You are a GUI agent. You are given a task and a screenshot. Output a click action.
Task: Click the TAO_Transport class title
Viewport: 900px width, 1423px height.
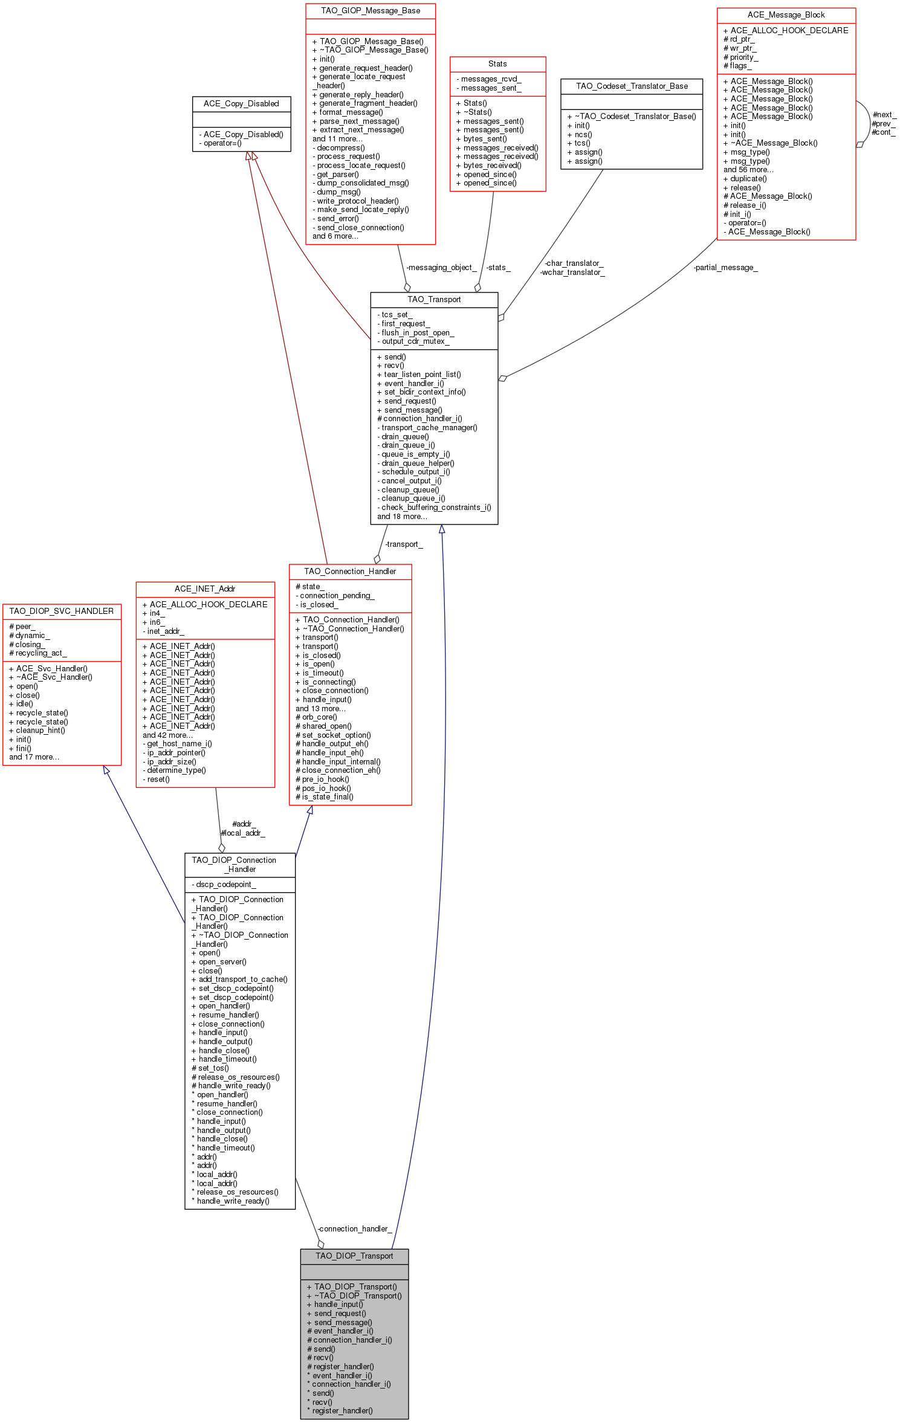pyautogui.click(x=434, y=300)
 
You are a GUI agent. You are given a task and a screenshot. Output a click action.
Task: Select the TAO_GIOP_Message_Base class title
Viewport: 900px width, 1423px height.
pyautogui.click(x=370, y=11)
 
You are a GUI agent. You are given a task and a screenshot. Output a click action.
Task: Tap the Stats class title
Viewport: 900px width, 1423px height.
pyautogui.click(x=497, y=64)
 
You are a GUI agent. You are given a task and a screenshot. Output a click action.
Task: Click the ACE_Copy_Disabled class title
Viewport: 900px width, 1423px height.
pyautogui.click(x=241, y=104)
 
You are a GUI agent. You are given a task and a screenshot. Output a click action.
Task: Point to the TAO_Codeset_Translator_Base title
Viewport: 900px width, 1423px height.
pyautogui.click(x=632, y=86)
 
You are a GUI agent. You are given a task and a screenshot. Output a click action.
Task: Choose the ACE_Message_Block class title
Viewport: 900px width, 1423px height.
pyautogui.click(x=786, y=15)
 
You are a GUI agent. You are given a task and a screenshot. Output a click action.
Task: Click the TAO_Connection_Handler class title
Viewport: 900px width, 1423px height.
pyautogui.click(x=350, y=572)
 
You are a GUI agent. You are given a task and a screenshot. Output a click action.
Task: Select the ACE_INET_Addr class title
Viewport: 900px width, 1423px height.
pyautogui.click(x=205, y=589)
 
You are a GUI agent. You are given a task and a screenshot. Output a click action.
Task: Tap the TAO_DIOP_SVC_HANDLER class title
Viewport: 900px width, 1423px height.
pyautogui.click(x=62, y=611)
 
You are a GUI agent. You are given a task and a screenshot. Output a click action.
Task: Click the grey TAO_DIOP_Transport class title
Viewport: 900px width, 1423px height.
pyautogui.click(x=354, y=1256)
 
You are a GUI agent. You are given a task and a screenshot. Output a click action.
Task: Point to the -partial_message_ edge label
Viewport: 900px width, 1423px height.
pyautogui.click(x=725, y=268)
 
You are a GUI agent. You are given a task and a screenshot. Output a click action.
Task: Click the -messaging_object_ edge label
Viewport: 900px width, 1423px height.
pyautogui.click(x=441, y=268)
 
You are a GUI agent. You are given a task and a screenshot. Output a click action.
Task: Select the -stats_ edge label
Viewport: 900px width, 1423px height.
pyautogui.click(x=498, y=268)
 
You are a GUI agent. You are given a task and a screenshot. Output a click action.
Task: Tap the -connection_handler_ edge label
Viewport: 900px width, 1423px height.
pyautogui.click(x=355, y=1229)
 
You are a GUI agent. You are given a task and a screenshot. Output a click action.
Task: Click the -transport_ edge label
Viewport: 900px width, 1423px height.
pyautogui.click(x=404, y=544)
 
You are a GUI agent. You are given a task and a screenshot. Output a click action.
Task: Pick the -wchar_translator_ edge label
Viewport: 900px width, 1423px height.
pyautogui.click(x=572, y=273)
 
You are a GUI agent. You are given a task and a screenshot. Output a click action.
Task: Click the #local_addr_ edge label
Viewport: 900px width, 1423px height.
pyautogui.click(x=243, y=833)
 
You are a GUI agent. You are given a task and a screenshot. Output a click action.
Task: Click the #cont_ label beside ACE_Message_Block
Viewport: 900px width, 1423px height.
pyautogui.click(x=883, y=132)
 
